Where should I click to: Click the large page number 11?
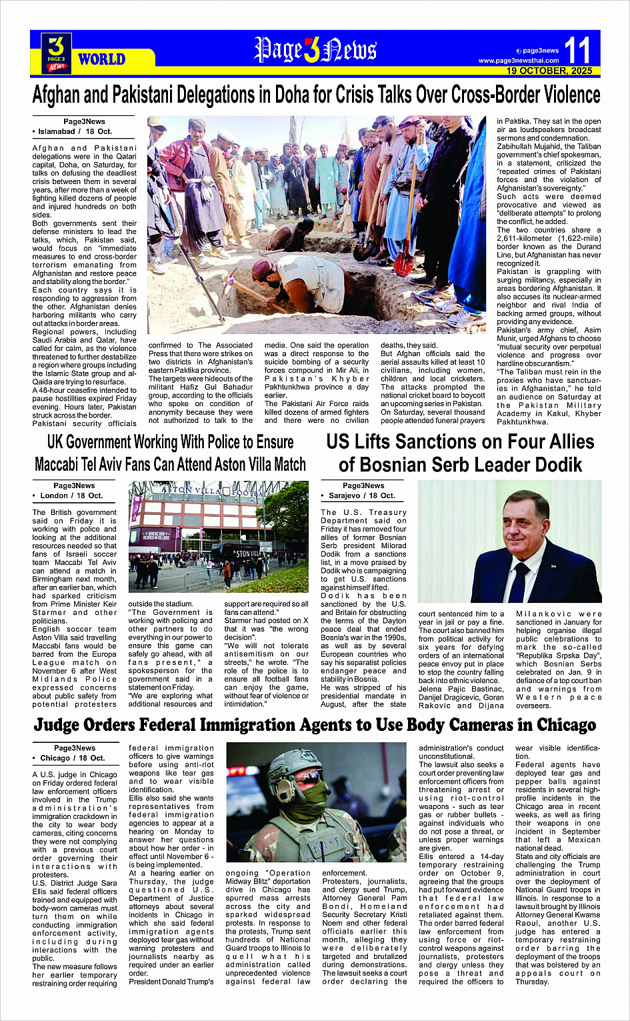click(577, 50)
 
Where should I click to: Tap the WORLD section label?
click(101, 59)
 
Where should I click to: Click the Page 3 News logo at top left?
click(57, 53)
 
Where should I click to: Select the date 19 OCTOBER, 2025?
click(549, 71)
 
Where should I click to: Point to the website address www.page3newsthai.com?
click(519, 61)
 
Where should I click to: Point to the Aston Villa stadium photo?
click(219, 536)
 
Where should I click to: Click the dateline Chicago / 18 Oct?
click(73, 758)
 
